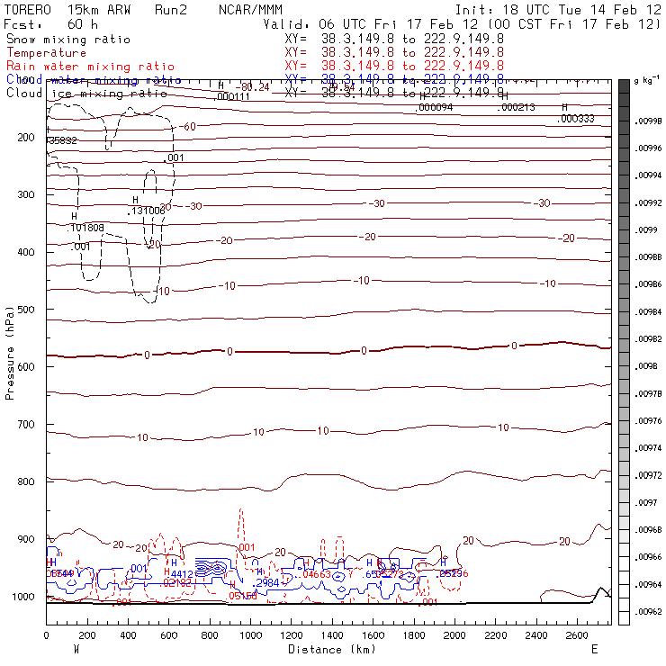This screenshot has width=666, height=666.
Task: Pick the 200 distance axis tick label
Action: [x=87, y=635]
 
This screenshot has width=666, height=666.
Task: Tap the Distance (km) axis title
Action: [x=328, y=649]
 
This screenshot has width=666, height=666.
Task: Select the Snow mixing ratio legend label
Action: [x=68, y=40]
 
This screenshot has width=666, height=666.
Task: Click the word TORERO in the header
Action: [x=29, y=10]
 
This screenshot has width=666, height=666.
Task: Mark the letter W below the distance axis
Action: [x=76, y=649]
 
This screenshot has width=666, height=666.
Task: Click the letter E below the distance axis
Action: [x=593, y=649]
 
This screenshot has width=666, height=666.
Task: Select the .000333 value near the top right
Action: [x=576, y=119]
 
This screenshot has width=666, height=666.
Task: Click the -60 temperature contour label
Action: [x=187, y=127]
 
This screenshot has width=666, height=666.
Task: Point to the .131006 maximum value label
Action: [x=148, y=211]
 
